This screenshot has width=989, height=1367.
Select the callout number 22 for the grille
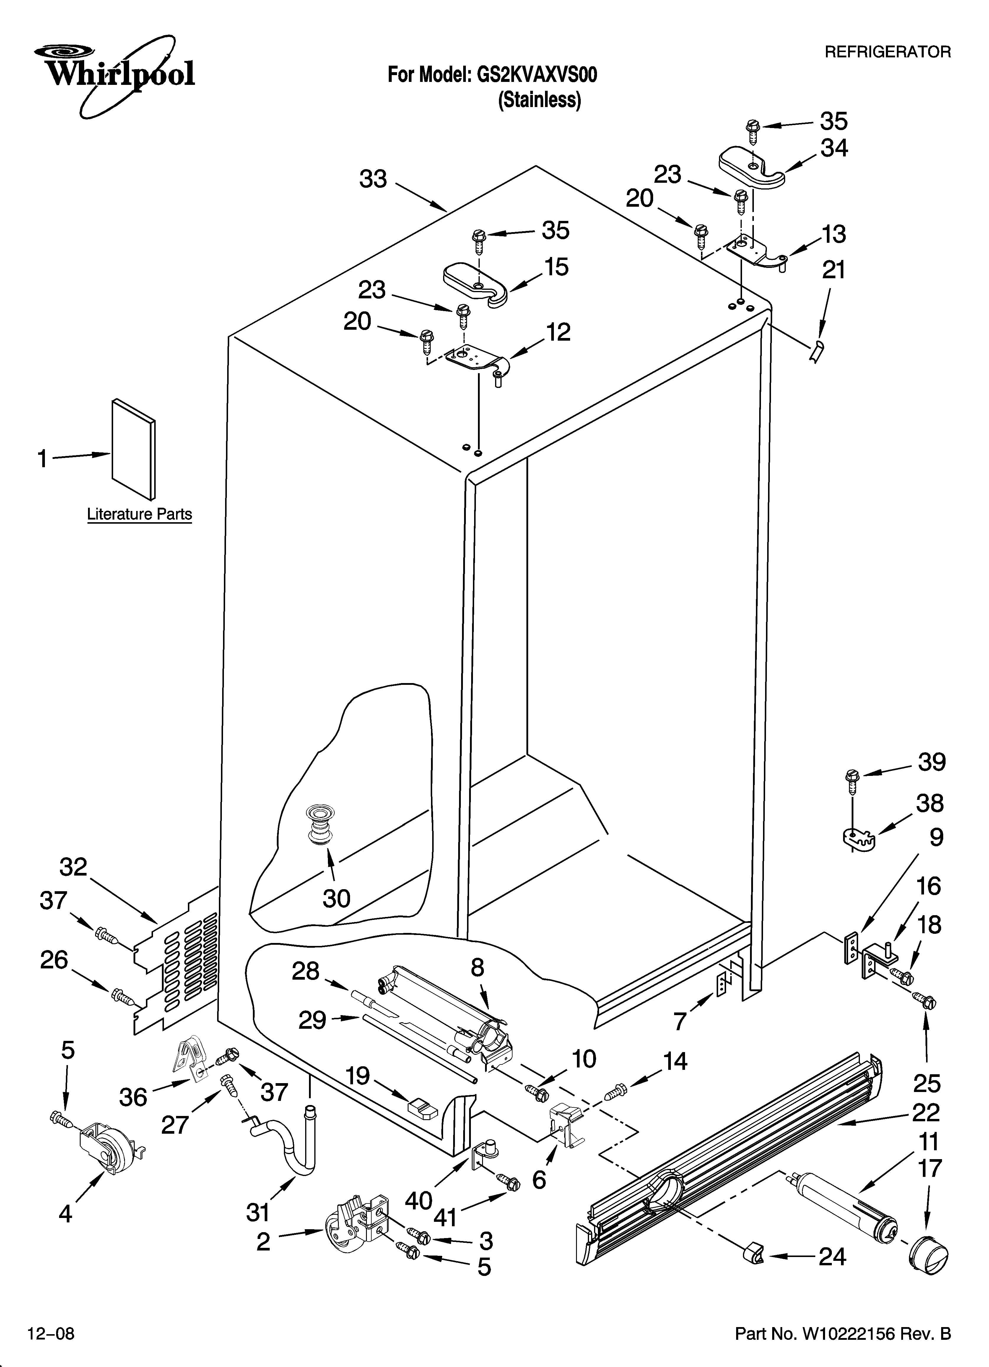926,1112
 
